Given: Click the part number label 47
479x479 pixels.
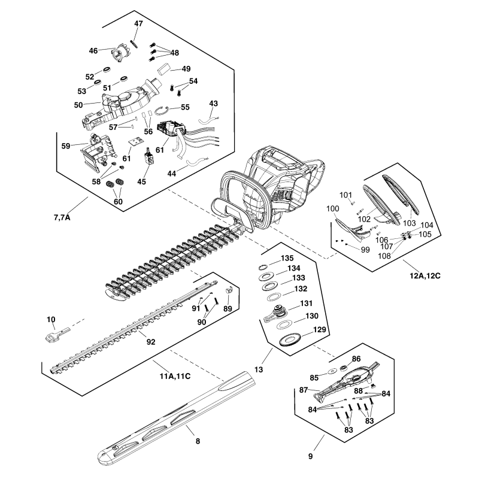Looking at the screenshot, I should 138,23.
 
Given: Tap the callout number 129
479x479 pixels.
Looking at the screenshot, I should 320,330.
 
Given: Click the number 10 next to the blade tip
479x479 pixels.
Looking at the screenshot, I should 51,319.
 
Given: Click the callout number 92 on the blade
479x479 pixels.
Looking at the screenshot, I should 150,342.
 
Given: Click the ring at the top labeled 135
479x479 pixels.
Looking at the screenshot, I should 263,266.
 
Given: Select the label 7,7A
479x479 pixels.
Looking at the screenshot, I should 62,217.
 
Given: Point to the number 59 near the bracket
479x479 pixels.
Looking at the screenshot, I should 66,145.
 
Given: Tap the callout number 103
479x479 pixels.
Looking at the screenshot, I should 410,222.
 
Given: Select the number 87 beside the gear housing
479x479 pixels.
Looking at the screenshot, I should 304,390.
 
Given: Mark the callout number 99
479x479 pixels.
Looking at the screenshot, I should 365,248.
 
